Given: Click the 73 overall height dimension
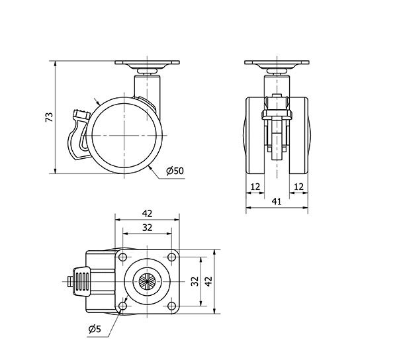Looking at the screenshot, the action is tap(50, 117).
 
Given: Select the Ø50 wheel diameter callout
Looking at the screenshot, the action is tap(175, 171).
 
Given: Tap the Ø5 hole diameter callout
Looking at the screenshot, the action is tap(95, 329).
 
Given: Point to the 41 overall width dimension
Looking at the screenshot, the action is tap(277, 202).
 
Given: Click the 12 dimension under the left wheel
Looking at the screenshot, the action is tap(255, 187).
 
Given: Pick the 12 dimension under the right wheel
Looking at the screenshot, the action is tap(299, 187).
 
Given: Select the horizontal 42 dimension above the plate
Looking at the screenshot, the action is tap(147, 214).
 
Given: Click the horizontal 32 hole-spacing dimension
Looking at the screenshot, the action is tap(147, 228).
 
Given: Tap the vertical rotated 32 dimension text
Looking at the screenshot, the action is tap(195, 281).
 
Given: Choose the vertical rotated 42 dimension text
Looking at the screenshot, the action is tap(208, 281).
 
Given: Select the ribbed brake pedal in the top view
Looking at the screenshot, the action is tap(81, 281).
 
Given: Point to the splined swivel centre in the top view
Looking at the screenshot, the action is tap(147, 281).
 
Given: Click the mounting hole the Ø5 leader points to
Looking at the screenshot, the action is tap(123, 306).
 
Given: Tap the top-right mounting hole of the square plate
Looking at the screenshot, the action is tap(171, 257).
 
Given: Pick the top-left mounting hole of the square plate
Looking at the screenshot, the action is tap(123, 257).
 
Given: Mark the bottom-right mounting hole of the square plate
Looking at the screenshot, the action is tap(171, 306).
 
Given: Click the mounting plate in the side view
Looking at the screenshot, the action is tap(147, 62).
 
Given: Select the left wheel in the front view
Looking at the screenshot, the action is tap(255, 136).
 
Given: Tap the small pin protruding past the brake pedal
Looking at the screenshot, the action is tap(70, 281).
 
